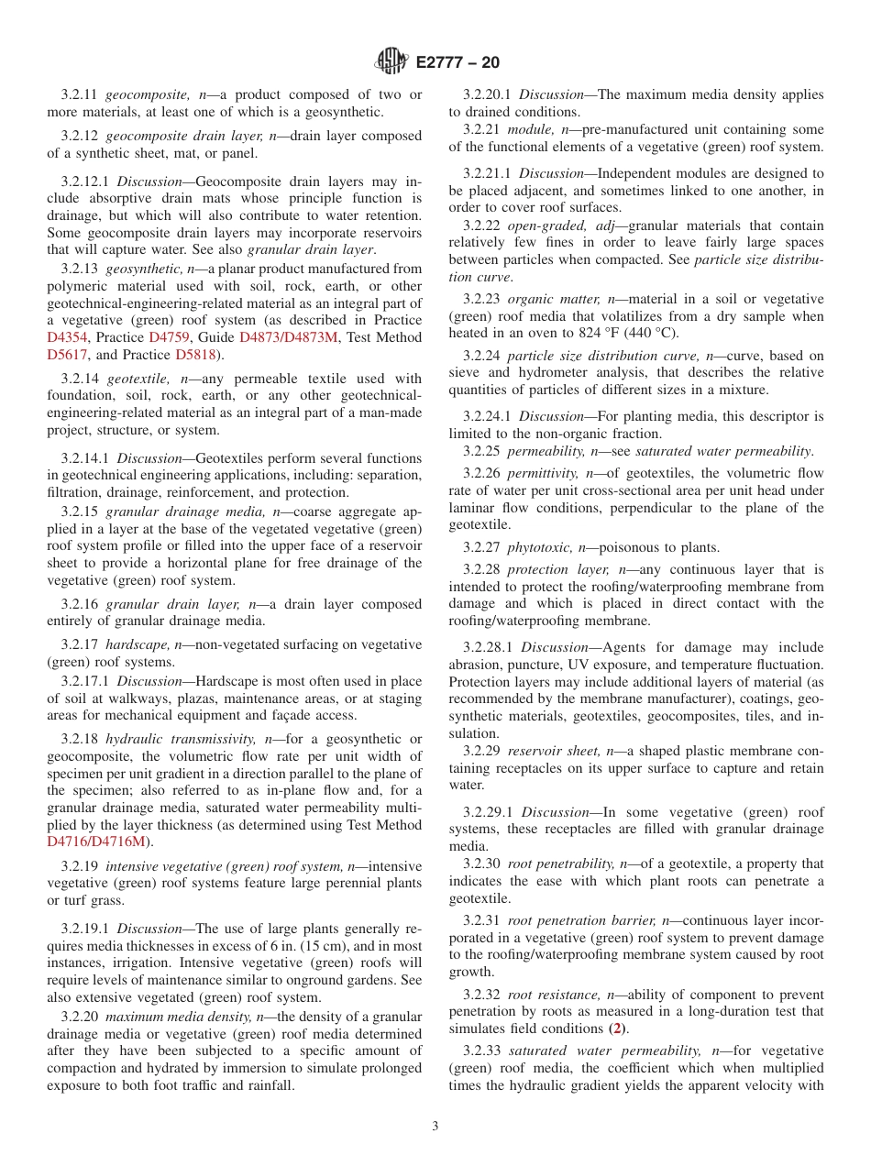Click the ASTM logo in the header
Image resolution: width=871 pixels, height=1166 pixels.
tap(391, 62)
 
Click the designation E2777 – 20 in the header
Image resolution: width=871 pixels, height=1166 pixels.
tap(458, 63)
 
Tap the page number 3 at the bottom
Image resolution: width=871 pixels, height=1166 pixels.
tap(435, 1127)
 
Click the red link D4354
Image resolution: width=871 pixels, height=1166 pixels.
tap(65, 337)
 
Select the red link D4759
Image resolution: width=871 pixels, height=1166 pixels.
tap(169, 337)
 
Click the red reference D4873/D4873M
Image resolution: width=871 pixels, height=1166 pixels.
tap(288, 337)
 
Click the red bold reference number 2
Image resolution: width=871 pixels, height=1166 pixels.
tap(621, 1028)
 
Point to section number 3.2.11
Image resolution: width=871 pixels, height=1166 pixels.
tap(81, 94)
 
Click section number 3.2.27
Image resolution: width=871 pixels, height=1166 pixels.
tap(482, 547)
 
